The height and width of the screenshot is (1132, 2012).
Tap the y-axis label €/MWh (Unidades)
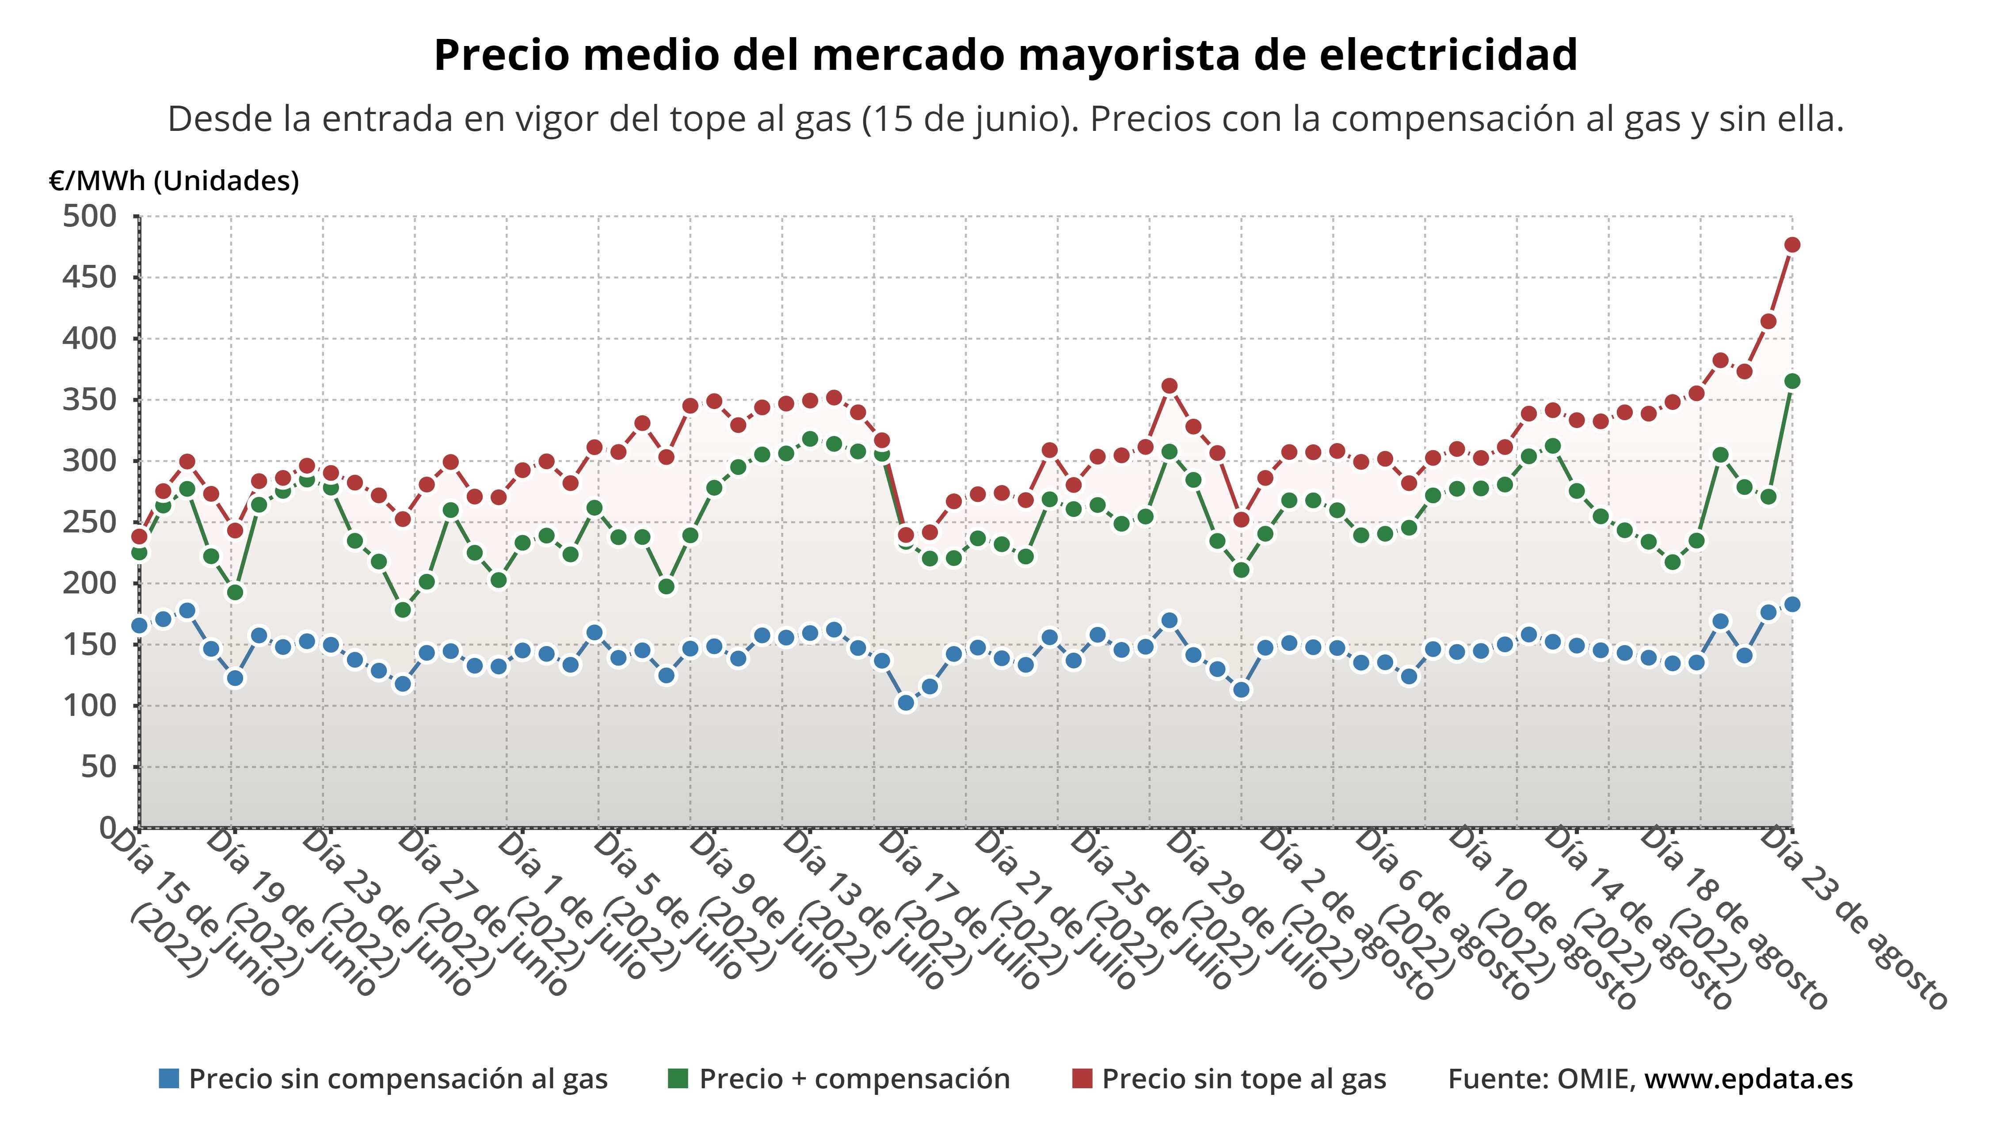click(173, 181)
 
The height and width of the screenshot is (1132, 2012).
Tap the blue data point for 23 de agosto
click(1792, 604)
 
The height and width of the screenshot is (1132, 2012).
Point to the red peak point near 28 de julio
click(1169, 386)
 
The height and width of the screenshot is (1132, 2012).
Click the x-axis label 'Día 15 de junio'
click(195, 914)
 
